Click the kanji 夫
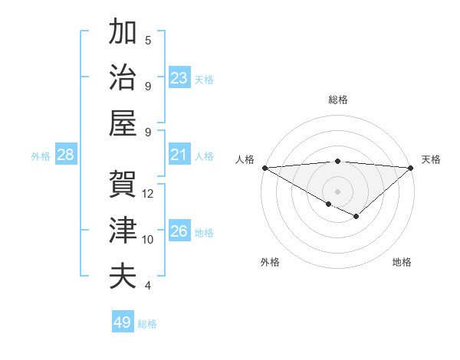[x=123, y=276]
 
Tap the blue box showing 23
[x=179, y=78]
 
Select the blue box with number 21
[x=179, y=155]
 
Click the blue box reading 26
[x=179, y=231]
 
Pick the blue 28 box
[x=66, y=155]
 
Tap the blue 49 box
[x=123, y=322]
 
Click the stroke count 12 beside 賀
[x=148, y=194]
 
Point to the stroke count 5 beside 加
[x=148, y=41]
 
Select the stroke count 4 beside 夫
[x=148, y=286]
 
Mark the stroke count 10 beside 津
[x=148, y=240]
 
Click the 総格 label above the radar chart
[x=338, y=100]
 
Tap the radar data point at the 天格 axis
[x=411, y=168]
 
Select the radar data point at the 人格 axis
[x=264, y=168]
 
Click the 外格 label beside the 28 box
[x=41, y=156]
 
